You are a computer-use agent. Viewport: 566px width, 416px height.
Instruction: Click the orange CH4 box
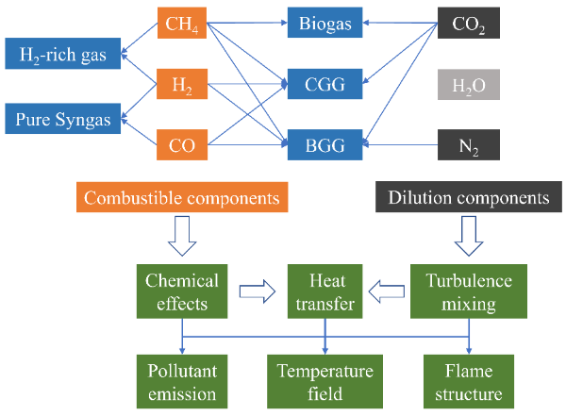click(x=182, y=23)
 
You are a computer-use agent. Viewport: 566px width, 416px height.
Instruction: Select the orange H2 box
click(x=182, y=85)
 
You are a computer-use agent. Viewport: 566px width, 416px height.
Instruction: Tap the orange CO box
click(x=182, y=145)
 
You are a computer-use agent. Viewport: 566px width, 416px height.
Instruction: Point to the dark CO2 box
click(x=469, y=23)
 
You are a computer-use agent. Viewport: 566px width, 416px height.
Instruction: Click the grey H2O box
click(x=469, y=86)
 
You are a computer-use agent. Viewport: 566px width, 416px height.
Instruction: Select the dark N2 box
click(x=469, y=145)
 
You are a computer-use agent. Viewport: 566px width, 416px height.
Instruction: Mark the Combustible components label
click(x=181, y=198)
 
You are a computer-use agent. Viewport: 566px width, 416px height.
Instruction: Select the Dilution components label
click(x=469, y=198)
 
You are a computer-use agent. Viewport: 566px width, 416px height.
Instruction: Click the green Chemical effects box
click(x=182, y=291)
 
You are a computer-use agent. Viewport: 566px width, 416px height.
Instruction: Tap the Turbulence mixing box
click(x=468, y=291)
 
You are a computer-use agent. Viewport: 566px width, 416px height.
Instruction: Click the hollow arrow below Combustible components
click(x=182, y=237)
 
